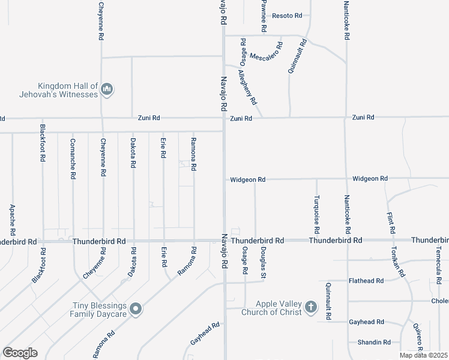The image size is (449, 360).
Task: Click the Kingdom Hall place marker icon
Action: [107, 90]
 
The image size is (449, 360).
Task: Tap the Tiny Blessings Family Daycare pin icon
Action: [136, 310]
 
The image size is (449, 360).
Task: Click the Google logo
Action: [20, 353]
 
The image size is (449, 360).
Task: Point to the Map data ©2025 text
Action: [423, 355]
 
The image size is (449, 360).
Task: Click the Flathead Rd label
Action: [366, 280]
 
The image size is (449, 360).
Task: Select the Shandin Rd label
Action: [374, 342]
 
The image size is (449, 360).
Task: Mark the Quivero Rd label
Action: [417, 336]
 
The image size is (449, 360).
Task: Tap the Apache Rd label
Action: [13, 219]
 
